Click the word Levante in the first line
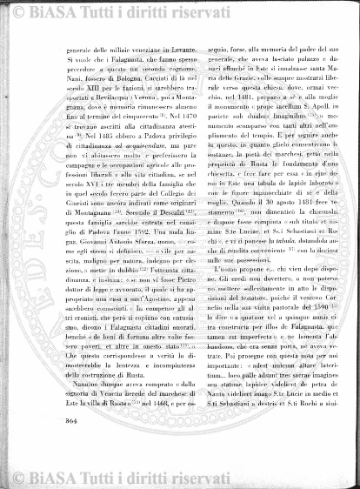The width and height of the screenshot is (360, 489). [158, 52]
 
